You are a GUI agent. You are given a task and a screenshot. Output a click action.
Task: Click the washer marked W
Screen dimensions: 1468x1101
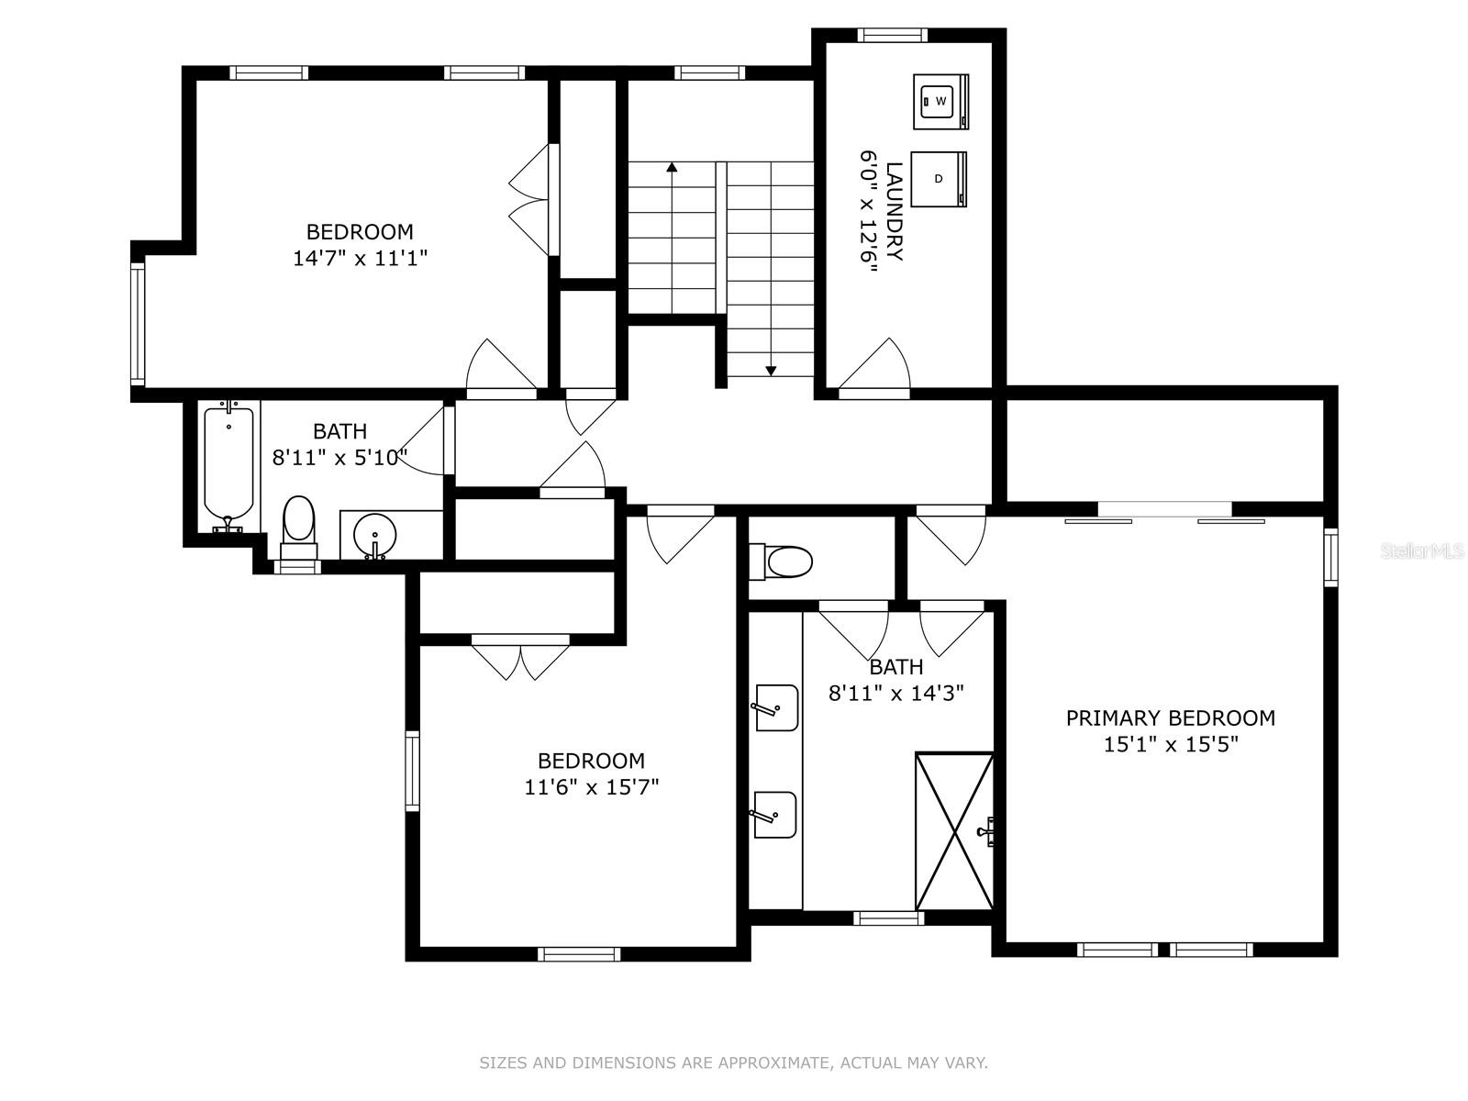(x=940, y=101)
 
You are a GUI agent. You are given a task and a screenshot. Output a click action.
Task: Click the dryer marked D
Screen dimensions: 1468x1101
(x=939, y=179)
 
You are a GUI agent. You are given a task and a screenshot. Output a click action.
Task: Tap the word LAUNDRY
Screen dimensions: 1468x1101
(x=895, y=211)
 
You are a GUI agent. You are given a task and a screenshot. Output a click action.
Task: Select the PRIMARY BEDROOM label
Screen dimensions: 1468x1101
(x=1171, y=718)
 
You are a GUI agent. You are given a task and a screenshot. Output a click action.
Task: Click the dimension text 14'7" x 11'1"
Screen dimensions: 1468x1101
(x=360, y=258)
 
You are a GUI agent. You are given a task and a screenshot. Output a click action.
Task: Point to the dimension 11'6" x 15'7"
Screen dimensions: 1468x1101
(x=591, y=787)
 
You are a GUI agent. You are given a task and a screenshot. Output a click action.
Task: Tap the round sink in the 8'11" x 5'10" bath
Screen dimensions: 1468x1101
(x=374, y=536)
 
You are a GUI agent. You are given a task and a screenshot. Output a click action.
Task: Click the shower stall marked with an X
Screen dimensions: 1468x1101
(x=953, y=831)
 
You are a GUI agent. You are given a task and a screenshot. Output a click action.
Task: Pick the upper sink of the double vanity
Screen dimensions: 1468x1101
(x=776, y=707)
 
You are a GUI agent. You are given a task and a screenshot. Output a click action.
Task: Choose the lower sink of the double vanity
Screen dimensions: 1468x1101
(x=775, y=814)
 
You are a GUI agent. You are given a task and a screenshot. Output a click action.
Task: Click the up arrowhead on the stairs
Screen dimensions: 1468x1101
(x=672, y=166)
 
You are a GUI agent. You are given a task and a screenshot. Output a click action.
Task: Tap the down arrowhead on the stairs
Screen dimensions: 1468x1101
(x=771, y=371)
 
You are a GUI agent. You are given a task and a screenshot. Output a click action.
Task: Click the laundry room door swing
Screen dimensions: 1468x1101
(x=874, y=363)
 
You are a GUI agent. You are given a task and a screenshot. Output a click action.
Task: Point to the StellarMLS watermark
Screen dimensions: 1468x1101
(x=1422, y=551)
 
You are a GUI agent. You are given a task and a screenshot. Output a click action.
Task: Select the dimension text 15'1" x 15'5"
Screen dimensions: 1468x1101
(x=1171, y=745)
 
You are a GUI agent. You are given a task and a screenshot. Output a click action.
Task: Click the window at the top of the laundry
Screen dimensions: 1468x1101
(x=892, y=35)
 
